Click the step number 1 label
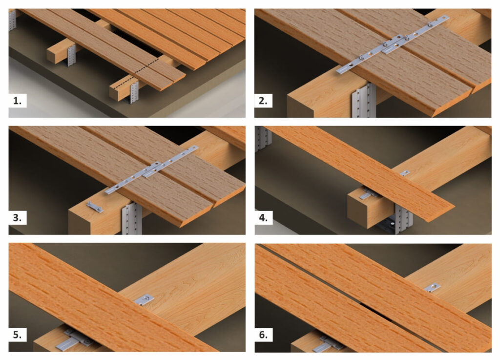(17, 101)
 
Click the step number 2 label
(263, 101)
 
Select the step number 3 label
(17, 218)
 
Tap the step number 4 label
(263, 218)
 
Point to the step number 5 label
(17, 335)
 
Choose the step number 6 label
(263, 335)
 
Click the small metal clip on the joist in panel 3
(95, 207)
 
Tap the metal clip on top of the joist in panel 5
(144, 300)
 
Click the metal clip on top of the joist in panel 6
(432, 288)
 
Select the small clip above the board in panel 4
(405, 173)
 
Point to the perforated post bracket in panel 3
(132, 219)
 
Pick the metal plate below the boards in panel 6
(330, 344)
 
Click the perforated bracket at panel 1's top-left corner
(12, 20)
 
